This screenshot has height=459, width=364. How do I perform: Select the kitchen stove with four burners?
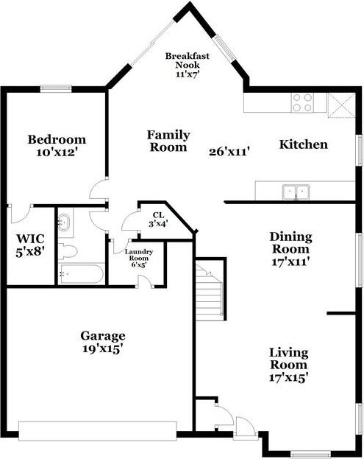302,102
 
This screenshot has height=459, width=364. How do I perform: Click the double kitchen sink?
297,192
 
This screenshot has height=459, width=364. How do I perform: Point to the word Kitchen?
303,144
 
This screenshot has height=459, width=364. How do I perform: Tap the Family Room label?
168,141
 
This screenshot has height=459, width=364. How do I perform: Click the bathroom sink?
63,222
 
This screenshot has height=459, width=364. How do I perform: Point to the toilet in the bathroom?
68,250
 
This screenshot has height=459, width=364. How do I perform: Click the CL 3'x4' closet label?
158,219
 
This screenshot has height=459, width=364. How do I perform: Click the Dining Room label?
290,248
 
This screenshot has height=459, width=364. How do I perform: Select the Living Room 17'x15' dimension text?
288,376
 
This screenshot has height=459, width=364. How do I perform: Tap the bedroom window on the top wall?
56,89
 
